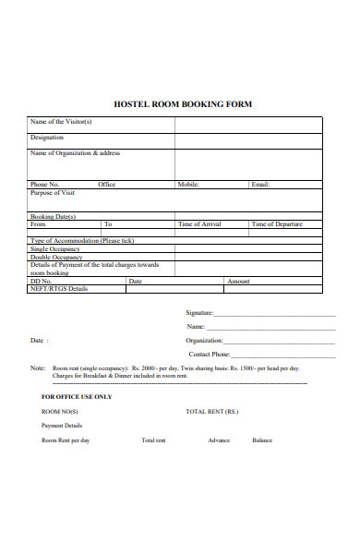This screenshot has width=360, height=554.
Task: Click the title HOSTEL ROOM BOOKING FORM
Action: pyautogui.click(x=182, y=104)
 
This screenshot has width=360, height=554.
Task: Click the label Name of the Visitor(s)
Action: pyautogui.click(x=61, y=122)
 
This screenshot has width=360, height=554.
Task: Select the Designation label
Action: pyautogui.click(x=47, y=138)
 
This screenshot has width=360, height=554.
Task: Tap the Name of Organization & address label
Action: pyautogui.click(x=75, y=153)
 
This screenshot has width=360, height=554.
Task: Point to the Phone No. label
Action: pyautogui.click(x=45, y=185)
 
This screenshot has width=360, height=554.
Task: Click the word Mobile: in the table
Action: pyautogui.click(x=188, y=185)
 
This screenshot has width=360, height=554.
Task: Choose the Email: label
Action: pyautogui.click(x=260, y=185)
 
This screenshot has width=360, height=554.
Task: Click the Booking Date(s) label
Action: pyautogui.click(x=54, y=217)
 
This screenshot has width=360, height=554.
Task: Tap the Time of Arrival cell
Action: pyautogui.click(x=199, y=224)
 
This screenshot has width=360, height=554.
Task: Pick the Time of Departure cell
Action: pyautogui.click(x=276, y=224)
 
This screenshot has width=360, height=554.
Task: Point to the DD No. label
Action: pyautogui.click(x=42, y=281)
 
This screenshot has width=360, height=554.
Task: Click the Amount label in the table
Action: pyautogui.click(x=238, y=281)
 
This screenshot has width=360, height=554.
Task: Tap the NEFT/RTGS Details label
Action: pyautogui.click(x=59, y=289)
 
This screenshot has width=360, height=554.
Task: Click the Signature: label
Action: pyautogui.click(x=199, y=312)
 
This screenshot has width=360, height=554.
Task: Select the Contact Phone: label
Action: pyautogui.click(x=209, y=354)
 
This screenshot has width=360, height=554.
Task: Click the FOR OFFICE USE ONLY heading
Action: pyautogui.click(x=77, y=397)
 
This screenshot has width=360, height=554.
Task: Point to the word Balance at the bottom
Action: pyautogui.click(x=262, y=440)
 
